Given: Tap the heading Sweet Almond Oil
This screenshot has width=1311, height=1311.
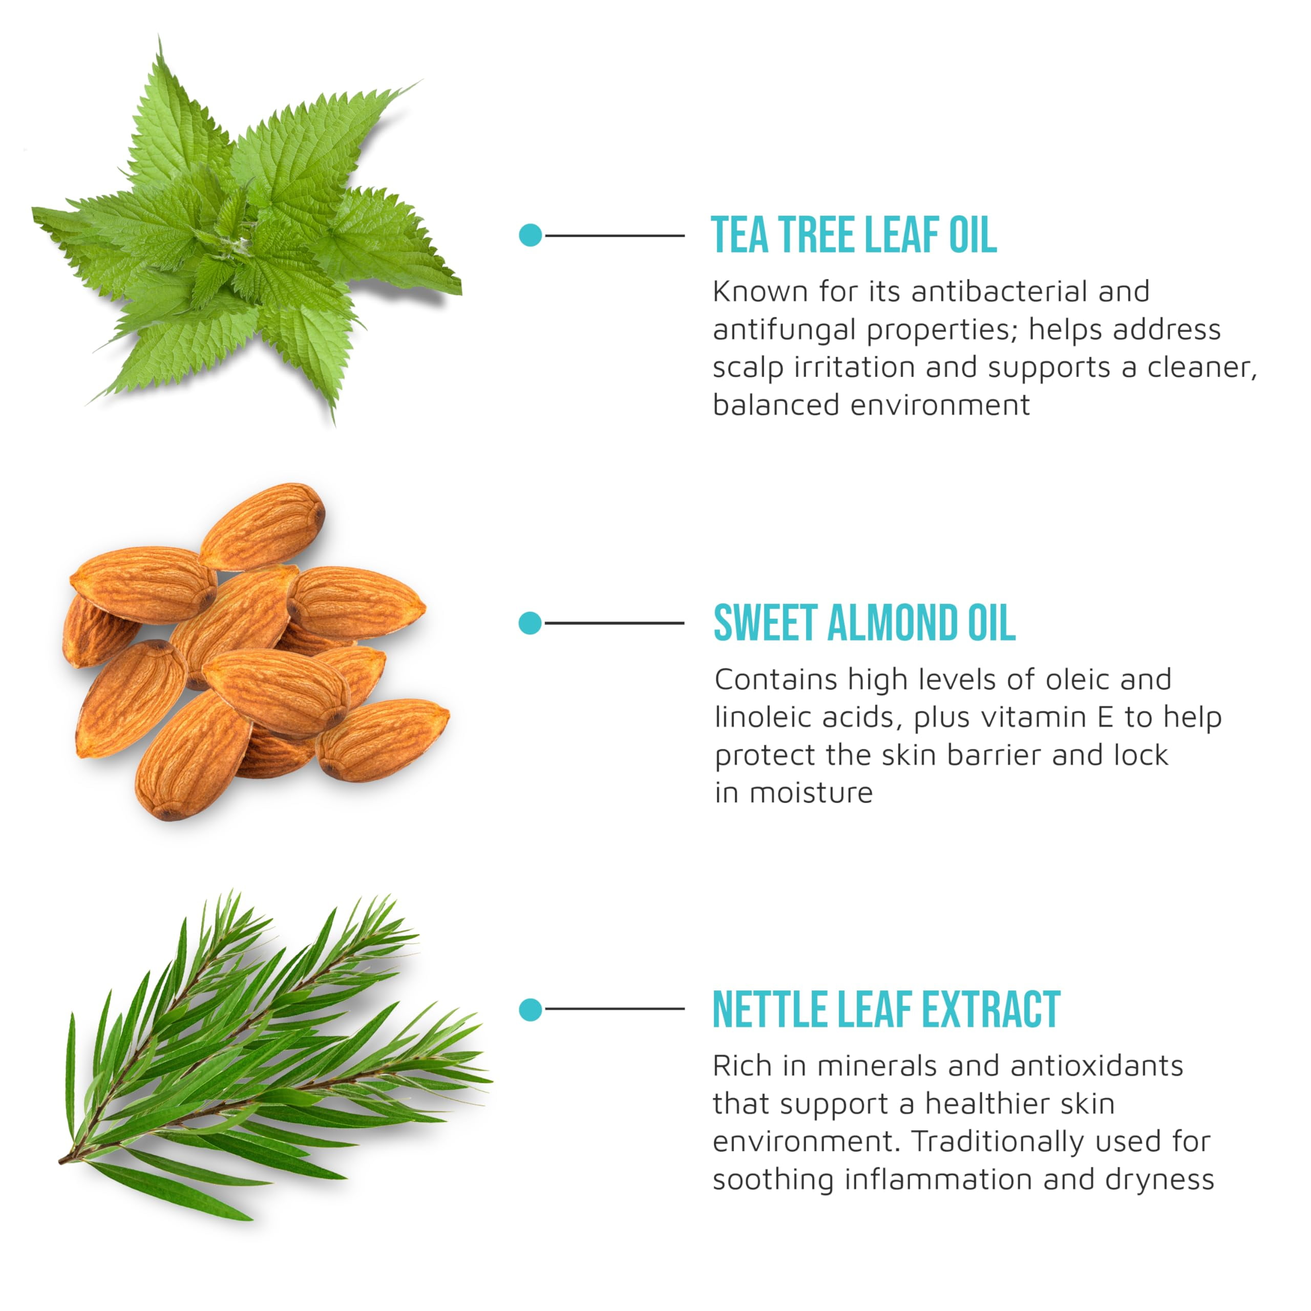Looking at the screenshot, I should point(864,622).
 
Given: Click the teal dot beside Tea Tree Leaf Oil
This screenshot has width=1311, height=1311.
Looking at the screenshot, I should point(530,236).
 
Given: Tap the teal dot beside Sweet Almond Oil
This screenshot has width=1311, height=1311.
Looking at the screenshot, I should point(530,623).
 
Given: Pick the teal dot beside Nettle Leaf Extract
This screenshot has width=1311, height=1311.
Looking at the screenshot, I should point(530,1010).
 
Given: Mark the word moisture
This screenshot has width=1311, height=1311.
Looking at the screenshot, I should point(810,793).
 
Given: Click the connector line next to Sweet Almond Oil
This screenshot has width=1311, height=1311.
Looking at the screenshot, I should point(614,623).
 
